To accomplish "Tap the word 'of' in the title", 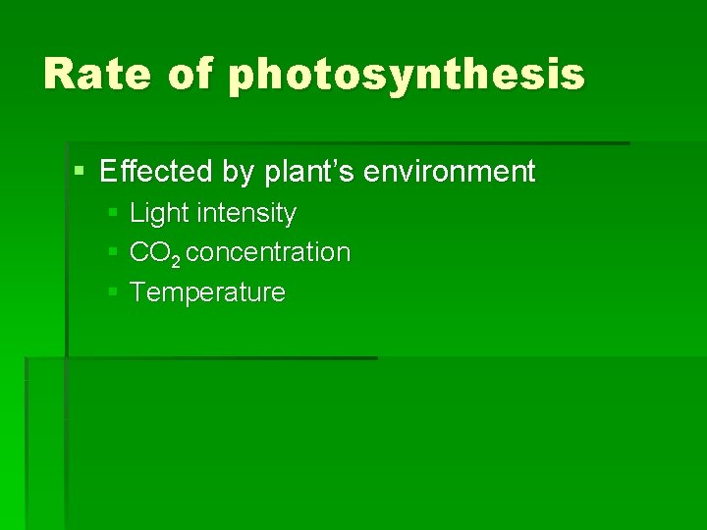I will (x=190, y=75).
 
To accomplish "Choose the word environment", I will (x=450, y=173).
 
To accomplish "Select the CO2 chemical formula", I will (x=154, y=253).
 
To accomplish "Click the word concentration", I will (x=268, y=252).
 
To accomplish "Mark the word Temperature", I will (x=207, y=292).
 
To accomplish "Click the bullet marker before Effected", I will (x=80, y=173).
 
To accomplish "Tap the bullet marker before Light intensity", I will (x=113, y=213).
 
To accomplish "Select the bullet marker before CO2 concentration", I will (x=113, y=252).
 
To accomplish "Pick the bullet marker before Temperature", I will (x=113, y=292).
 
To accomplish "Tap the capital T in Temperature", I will (x=137, y=292).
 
